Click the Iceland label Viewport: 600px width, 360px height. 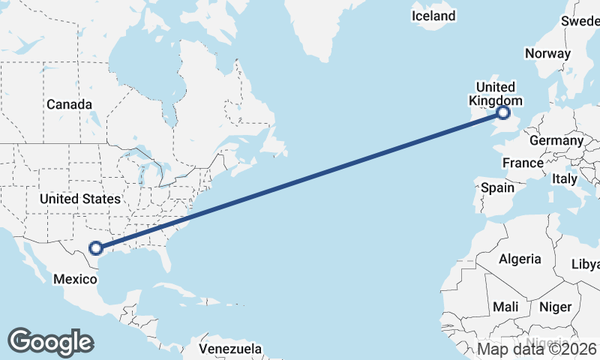point(433,16)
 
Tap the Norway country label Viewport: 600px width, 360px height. point(547,53)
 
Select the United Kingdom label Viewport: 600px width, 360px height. point(491,94)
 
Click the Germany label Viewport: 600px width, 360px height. point(556,140)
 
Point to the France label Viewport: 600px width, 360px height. point(523,163)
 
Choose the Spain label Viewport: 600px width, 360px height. point(498,187)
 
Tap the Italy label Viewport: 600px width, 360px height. point(564,179)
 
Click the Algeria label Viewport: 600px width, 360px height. point(520,259)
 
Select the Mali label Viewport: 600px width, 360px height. point(505,307)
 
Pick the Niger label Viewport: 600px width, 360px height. point(556,307)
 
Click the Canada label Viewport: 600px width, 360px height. point(69,104)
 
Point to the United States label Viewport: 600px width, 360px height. point(79,199)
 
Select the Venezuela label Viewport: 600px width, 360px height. point(230,349)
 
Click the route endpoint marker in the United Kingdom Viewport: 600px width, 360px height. point(502,113)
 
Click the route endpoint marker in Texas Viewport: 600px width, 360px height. point(95,247)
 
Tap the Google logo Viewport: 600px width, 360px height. point(50,341)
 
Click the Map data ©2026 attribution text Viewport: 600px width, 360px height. point(537,349)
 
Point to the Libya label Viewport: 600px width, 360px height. point(586,265)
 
